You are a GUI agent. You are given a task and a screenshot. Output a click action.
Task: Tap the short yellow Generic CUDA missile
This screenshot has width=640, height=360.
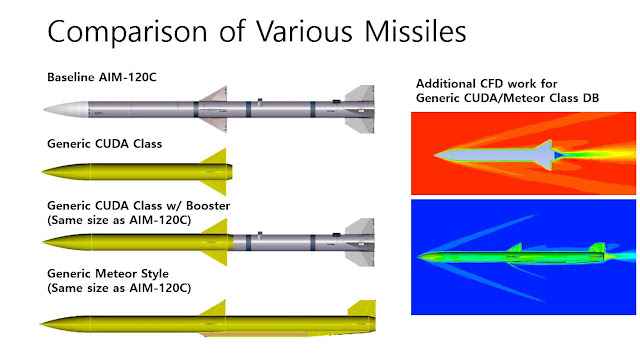point(130,166)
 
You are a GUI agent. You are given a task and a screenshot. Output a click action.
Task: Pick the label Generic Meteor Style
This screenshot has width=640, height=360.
point(108,274)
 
